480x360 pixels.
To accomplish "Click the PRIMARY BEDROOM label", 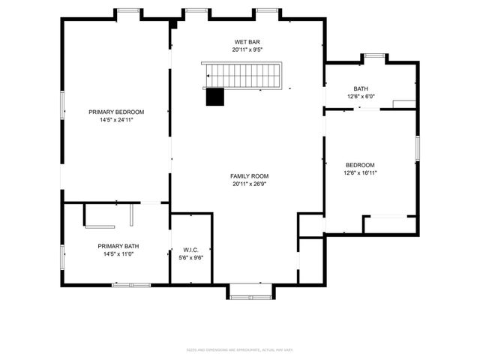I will tap(116, 112).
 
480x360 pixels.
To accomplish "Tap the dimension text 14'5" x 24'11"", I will tap(116, 119).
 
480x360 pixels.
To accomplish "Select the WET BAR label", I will tap(247, 42).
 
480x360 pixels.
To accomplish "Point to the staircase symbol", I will tap(244, 75).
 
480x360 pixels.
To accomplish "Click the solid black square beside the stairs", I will tap(215, 97).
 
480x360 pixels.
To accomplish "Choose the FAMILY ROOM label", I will tap(247, 176).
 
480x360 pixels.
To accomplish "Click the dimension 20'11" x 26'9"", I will tap(247, 184).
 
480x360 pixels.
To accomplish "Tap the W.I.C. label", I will tap(190, 250).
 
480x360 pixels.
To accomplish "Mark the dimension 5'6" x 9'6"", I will tap(190, 257).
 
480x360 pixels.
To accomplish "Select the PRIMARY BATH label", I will tap(118, 246).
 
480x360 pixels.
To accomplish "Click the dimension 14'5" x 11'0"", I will tap(118, 253).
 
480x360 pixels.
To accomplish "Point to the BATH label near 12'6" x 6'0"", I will tap(361, 88).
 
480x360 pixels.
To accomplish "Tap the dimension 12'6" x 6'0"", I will tap(361, 96).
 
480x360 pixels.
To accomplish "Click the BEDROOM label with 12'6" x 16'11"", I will tap(360, 165).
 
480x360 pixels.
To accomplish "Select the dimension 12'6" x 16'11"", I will tap(360, 172).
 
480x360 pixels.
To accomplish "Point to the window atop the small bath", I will tap(374, 55).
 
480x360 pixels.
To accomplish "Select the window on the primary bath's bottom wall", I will tap(131, 285).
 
